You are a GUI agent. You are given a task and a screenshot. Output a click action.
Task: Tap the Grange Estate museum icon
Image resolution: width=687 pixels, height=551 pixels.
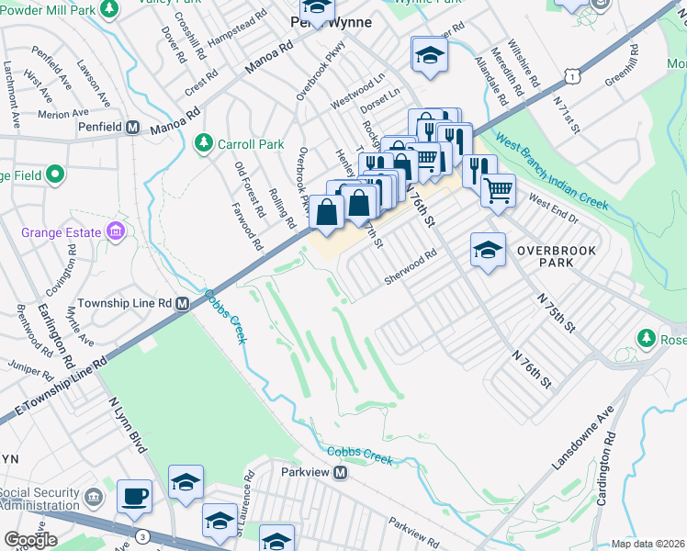point(117,231)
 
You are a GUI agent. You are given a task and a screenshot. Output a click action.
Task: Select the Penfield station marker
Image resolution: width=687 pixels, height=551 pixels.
point(132,128)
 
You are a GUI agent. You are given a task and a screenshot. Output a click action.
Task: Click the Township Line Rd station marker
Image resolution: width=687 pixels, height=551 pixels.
point(183,303)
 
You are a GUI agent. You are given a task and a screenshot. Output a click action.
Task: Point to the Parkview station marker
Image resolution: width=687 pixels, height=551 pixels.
point(340,473)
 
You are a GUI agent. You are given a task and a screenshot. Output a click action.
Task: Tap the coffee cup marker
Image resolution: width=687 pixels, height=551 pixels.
point(134,495)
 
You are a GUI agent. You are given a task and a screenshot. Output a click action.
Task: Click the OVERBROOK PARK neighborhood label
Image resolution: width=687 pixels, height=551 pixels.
point(556,256)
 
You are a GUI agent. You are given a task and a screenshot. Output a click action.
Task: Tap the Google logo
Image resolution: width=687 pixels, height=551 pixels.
point(30,540)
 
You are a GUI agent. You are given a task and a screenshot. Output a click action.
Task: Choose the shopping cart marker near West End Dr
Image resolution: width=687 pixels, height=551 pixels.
point(498,190)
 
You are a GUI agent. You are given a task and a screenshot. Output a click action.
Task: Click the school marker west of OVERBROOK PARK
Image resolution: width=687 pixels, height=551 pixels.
point(488,249)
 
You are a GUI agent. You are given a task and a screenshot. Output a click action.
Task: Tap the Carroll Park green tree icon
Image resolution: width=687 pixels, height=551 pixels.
point(204,142)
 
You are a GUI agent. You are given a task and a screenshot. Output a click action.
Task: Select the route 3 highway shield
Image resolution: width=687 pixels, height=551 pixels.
point(142,535)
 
